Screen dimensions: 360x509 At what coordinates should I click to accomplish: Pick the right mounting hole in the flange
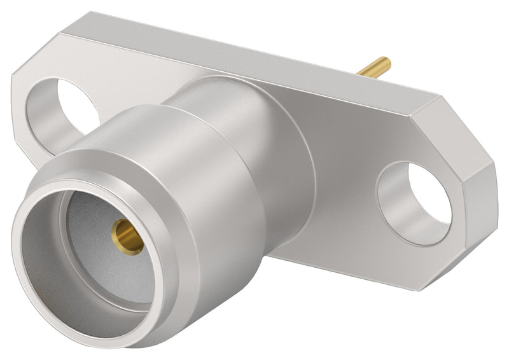pyautogui.click(x=414, y=202)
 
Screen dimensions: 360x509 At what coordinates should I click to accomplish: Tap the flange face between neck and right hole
pyautogui.click(x=344, y=191)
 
